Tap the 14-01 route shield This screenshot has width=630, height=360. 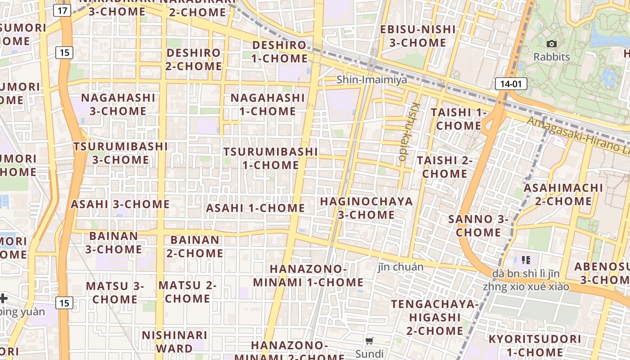511,84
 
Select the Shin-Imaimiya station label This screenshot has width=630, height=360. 372,80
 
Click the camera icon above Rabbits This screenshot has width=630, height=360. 551,44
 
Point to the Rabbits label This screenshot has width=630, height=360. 551,57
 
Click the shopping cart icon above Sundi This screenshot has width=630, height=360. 369,341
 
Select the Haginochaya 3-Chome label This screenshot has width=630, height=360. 366,208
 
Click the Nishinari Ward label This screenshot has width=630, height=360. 174,342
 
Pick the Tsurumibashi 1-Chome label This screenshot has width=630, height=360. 270,158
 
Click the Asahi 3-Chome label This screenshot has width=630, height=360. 120,204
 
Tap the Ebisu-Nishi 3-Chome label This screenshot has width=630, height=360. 418,36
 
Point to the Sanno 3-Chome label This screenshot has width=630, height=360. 478,226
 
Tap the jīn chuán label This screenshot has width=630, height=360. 400,267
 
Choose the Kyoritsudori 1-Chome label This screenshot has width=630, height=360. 535,345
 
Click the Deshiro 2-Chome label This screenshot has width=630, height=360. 193,59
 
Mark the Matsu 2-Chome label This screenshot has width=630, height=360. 187,292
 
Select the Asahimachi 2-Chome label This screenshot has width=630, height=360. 563,194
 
